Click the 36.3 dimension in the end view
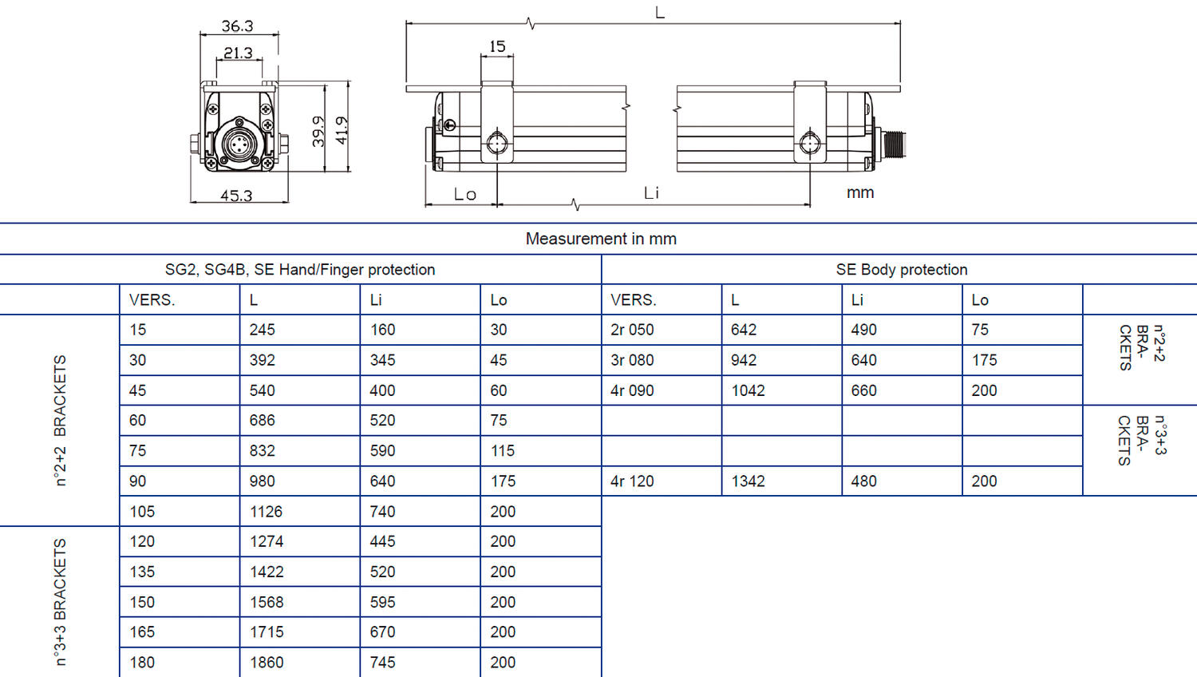pyautogui.click(x=237, y=26)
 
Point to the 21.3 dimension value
pyautogui.click(x=238, y=53)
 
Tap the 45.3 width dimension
pyautogui.click(x=236, y=196)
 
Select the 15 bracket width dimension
pyautogui.click(x=497, y=46)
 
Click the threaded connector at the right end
pyautogui.click(x=894, y=144)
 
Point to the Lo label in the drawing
pyautogui.click(x=464, y=194)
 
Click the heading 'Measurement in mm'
pyautogui.click(x=601, y=239)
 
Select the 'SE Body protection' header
pyautogui.click(x=902, y=270)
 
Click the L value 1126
pyautogui.click(x=266, y=512)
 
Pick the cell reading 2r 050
pyautogui.click(x=632, y=330)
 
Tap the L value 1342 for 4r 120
pyautogui.click(x=748, y=481)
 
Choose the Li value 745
pyautogui.click(x=382, y=663)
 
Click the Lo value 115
pyautogui.click(x=503, y=451)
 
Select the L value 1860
pyautogui.click(x=267, y=663)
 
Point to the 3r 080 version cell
pyautogui.click(x=632, y=360)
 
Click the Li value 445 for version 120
pyautogui.click(x=382, y=541)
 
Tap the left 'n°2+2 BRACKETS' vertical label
pyautogui.click(x=60, y=420)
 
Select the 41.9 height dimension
pyautogui.click(x=342, y=130)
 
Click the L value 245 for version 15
pyautogui.click(x=262, y=330)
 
